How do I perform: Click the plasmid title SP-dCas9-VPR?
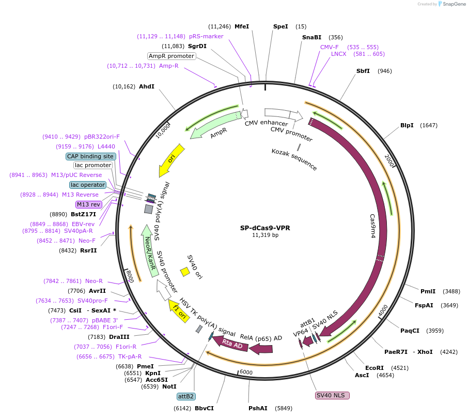[265, 228]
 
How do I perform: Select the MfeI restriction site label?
[242, 26]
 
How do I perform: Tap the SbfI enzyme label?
[363, 71]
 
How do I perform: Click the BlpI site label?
[407, 125]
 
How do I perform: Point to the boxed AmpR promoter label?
[171, 56]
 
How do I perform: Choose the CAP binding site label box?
[90, 156]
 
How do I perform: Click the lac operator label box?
[88, 185]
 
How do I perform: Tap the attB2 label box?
[185, 396]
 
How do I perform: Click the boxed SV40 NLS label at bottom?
[332, 395]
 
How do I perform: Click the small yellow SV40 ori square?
[184, 272]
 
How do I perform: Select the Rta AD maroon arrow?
[232, 344]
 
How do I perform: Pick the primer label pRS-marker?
[206, 36]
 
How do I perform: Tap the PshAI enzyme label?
[258, 408]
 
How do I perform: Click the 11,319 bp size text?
[265, 235]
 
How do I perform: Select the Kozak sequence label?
[294, 159]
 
